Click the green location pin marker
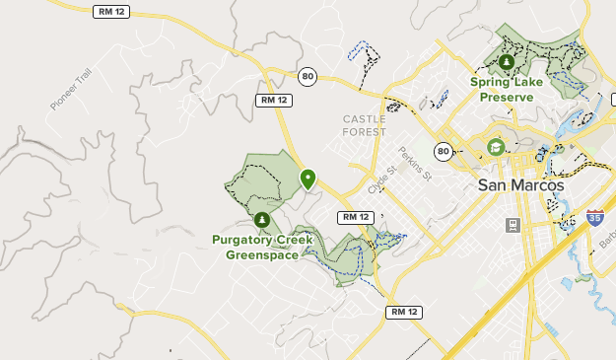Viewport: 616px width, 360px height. point(308,179)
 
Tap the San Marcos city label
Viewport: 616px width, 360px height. point(520,184)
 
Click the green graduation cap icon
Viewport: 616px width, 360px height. point(496,148)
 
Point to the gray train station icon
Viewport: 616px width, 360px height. point(513,225)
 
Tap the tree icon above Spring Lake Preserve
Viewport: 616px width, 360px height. point(507,62)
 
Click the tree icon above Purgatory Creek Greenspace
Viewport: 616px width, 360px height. point(261,220)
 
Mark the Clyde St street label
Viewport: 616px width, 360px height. point(381,179)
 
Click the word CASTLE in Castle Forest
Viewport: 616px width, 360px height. point(365,119)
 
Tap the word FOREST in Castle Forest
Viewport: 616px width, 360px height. point(365,131)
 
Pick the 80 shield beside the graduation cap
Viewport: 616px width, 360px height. point(444,151)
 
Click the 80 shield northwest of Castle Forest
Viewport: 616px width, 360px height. point(308,76)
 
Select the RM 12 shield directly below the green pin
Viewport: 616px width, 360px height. point(354,217)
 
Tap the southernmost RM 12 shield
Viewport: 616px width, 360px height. point(403,312)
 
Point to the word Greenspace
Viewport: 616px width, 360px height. point(261,253)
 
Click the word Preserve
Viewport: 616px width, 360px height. point(507,97)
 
